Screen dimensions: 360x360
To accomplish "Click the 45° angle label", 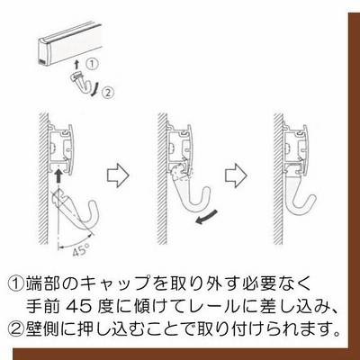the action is point(80,250).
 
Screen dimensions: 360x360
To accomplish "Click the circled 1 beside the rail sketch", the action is point(92,64).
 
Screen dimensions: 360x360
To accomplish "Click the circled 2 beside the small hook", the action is point(108,92).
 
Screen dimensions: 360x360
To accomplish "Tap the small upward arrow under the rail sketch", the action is point(77,65).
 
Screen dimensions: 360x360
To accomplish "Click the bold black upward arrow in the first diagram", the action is point(59,176).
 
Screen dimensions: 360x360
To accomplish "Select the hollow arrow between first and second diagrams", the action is point(118,175).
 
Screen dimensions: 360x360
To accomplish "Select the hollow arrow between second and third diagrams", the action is point(236,175).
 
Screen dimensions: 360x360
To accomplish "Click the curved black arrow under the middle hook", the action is point(206,218).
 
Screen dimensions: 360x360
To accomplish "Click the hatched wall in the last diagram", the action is point(278,178).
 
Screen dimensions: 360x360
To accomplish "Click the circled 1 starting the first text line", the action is point(15,283).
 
